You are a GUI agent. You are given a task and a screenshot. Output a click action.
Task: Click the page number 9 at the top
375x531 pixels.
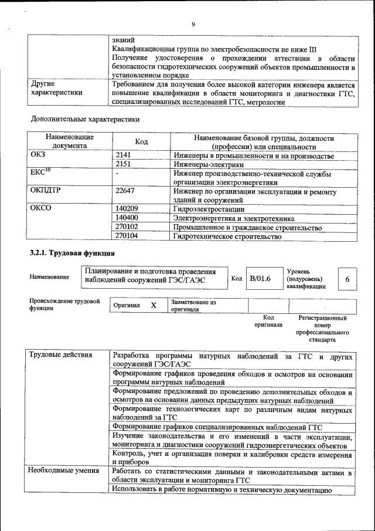pyautogui.click(x=193, y=24)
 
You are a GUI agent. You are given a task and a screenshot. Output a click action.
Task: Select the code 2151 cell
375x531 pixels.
pyautogui.click(x=125, y=164)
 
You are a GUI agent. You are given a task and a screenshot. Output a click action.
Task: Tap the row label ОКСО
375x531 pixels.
pyautogui.click(x=41, y=209)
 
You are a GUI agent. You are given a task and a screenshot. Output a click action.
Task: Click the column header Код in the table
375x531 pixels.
pyautogui.click(x=141, y=141)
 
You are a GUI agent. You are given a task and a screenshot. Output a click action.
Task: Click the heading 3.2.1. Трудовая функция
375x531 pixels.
pyautogui.click(x=72, y=253)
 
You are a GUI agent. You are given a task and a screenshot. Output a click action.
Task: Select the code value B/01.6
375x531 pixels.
pyautogui.click(x=260, y=279)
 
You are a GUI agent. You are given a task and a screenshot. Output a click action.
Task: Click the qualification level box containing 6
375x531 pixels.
pyautogui.click(x=347, y=279)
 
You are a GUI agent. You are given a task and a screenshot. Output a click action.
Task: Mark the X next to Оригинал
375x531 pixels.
pyautogui.click(x=154, y=306)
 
